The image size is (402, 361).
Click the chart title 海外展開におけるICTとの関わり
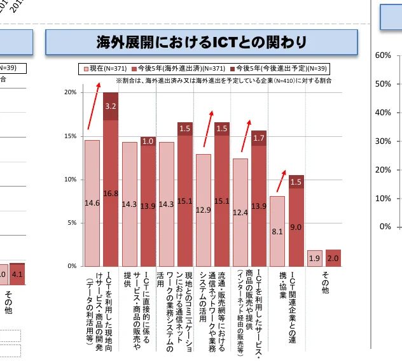click(201, 42)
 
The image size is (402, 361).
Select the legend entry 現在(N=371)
click(107, 68)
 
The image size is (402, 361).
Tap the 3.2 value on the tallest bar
click(110, 106)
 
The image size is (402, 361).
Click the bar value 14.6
click(92, 203)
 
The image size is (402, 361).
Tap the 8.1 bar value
click(277, 232)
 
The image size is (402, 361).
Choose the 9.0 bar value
click(296, 227)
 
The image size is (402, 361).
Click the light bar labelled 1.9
click(314, 258)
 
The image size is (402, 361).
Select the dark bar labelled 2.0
click(333, 258)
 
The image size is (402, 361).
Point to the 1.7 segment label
click(259, 138)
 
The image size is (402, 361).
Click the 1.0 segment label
click(148, 141)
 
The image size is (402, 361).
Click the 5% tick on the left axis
click(71, 223)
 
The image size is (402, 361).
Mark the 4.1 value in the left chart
click(17, 274)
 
